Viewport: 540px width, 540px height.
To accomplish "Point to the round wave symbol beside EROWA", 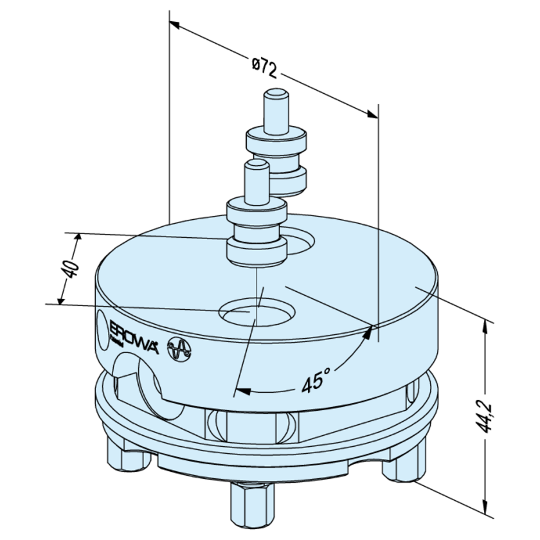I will tap(179, 350).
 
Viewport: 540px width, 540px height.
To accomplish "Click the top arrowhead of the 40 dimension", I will tap(80, 237).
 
